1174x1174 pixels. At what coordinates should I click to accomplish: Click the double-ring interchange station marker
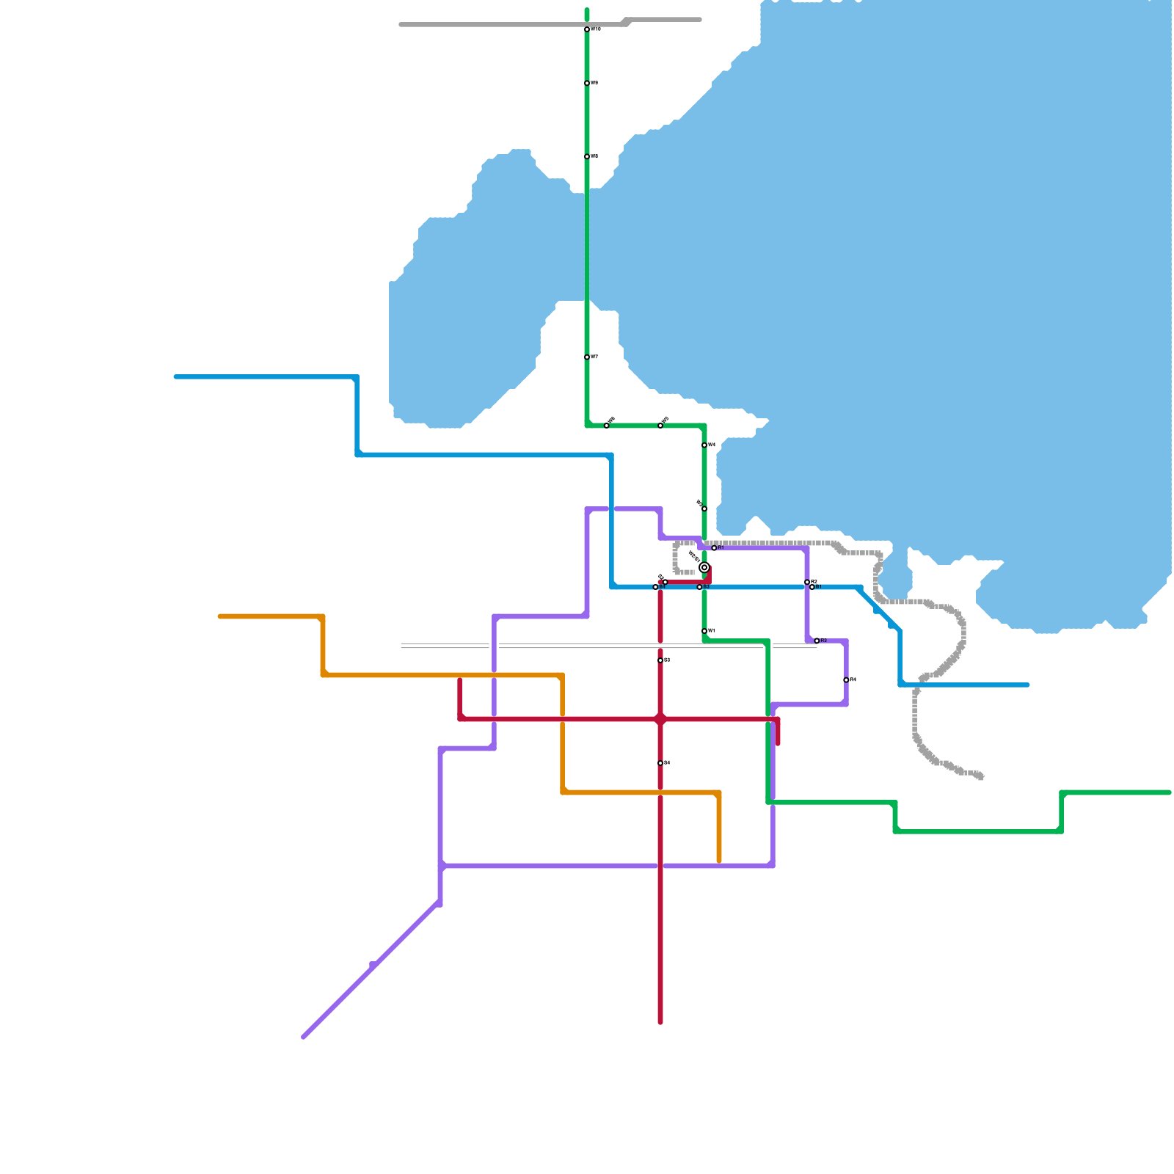704,567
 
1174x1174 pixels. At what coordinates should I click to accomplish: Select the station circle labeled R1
714,548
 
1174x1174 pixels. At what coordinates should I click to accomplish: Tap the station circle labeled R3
817,641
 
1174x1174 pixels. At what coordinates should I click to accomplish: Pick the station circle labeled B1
812,587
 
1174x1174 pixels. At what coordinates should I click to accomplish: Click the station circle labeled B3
699,587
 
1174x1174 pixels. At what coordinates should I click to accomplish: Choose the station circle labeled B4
655,587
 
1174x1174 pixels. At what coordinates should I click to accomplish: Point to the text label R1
721,547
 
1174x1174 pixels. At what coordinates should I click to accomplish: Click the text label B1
819,587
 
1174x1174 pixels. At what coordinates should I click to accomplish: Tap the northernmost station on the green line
587,29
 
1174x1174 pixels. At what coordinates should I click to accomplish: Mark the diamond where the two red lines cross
660,719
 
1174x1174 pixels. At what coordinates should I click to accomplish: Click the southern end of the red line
660,1021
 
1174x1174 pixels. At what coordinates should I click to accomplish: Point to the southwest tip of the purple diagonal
304,1037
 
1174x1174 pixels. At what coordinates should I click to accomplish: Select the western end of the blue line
176,377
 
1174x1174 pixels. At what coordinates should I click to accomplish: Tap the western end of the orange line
220,616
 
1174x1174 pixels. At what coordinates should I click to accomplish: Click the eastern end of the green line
1169,792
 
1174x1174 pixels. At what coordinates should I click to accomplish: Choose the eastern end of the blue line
1027,685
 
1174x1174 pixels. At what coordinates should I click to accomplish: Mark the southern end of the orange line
719,861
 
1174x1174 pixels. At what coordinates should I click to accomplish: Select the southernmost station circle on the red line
660,763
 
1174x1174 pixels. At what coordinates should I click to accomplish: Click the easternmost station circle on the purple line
846,680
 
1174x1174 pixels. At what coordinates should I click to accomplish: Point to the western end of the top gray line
401,25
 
